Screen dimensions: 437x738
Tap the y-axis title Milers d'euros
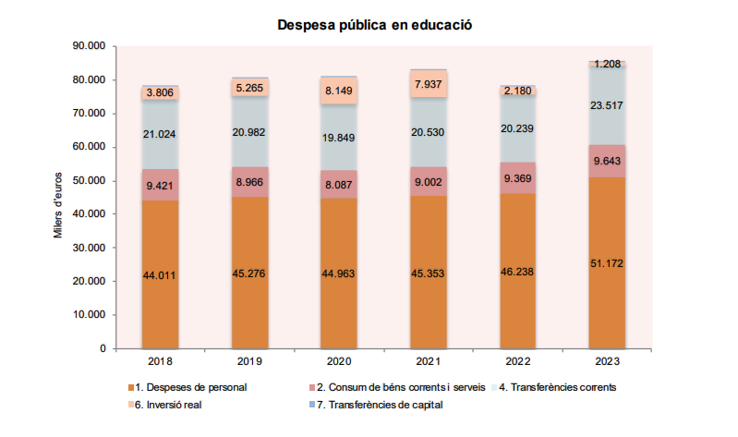[x=57, y=202]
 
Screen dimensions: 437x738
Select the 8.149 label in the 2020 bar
[x=339, y=91]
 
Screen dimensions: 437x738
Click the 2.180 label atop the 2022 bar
[x=518, y=91]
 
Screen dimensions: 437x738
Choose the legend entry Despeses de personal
[x=189, y=386]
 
